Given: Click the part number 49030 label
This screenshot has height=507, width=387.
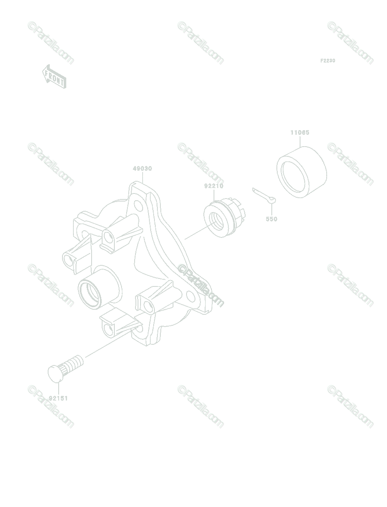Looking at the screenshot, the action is tap(142, 169).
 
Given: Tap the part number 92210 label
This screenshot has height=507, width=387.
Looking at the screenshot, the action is tap(214, 186).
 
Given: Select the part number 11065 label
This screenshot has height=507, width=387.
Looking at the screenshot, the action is tap(300, 133).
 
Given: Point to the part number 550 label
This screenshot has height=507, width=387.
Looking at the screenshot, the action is tap(272, 219).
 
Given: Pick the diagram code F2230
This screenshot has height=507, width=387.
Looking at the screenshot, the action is tap(328, 61).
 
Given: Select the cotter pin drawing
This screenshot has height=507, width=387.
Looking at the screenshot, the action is tap(264, 196).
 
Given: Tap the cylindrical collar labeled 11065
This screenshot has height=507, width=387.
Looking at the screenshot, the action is tap(301, 172).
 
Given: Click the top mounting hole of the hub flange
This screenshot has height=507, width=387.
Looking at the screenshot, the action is tap(138, 205).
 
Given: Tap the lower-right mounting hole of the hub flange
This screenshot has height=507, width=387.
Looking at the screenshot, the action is tap(190, 296).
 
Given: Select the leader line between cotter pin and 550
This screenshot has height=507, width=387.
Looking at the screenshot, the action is tap(272, 209).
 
